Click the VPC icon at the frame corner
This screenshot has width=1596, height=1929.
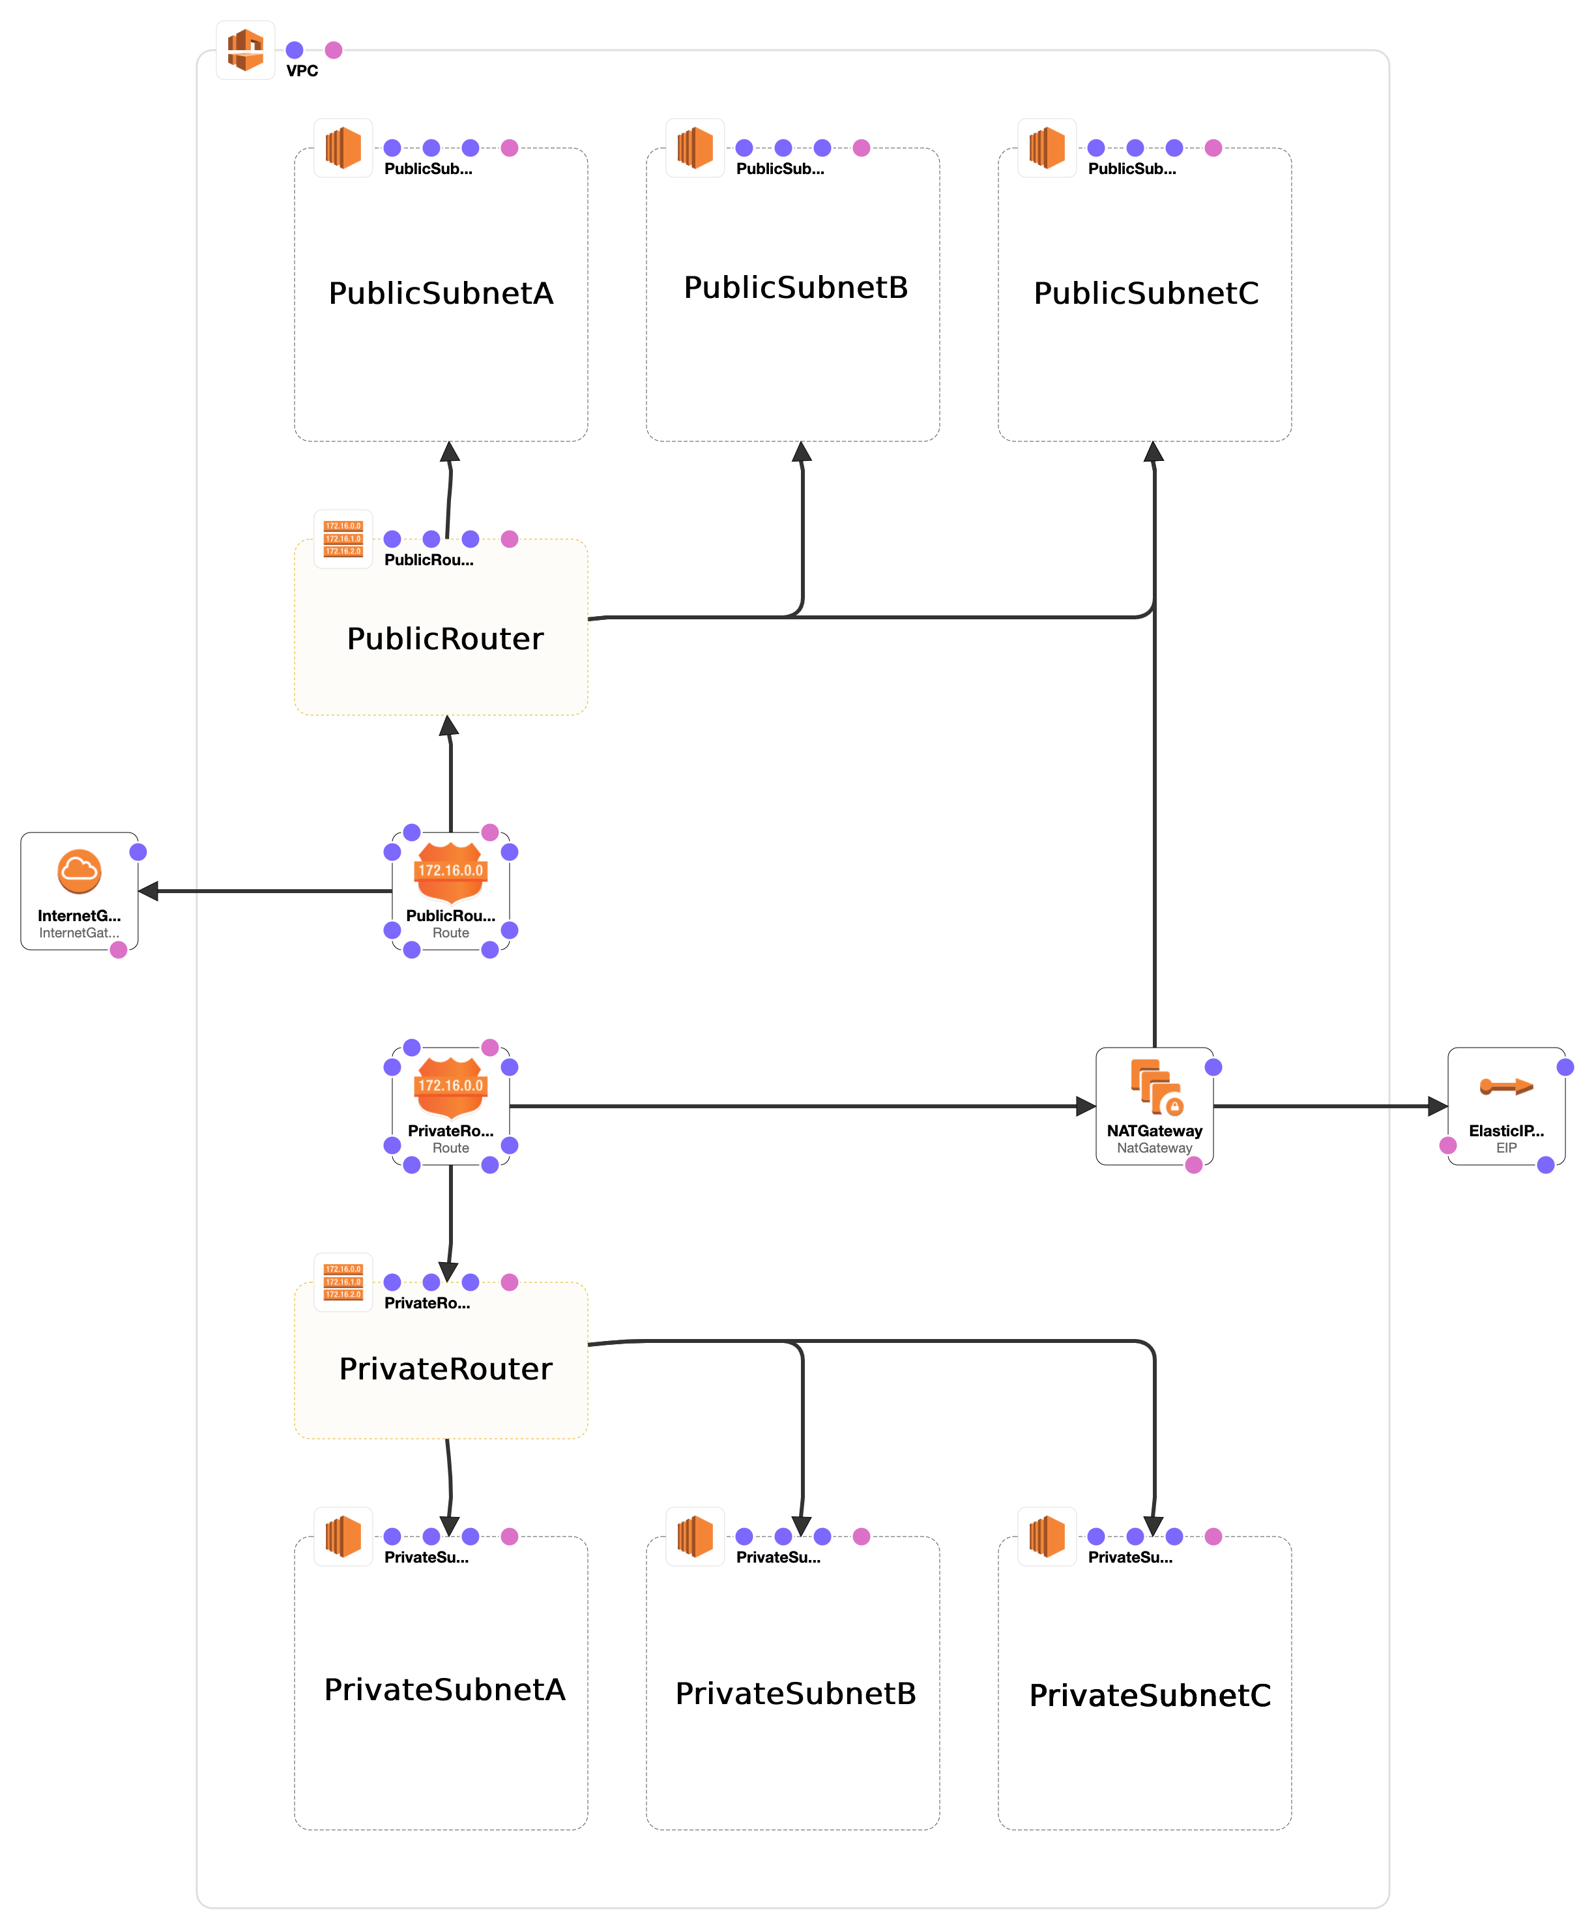click(x=245, y=50)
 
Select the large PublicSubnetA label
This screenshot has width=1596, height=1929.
click(x=441, y=293)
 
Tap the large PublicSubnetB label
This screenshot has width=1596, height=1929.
click(x=795, y=287)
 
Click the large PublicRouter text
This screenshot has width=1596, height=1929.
click(x=444, y=638)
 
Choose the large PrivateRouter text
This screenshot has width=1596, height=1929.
click(x=445, y=1368)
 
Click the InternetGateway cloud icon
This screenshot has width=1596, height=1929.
click(x=79, y=871)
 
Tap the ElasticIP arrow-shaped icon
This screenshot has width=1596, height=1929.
click(x=1505, y=1087)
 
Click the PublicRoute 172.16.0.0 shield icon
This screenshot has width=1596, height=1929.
click(x=450, y=871)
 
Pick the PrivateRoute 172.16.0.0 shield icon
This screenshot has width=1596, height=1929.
click(x=450, y=1085)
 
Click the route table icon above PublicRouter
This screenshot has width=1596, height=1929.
click(x=343, y=539)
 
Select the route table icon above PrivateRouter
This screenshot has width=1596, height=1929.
click(x=343, y=1282)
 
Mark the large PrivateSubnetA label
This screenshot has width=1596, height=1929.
click(x=444, y=1689)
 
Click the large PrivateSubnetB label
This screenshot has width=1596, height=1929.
click(x=795, y=1693)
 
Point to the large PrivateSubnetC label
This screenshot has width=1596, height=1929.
click(x=1150, y=1695)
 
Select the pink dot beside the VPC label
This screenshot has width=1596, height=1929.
click(x=334, y=50)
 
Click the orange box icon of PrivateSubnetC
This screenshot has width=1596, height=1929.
click(x=1046, y=1536)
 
